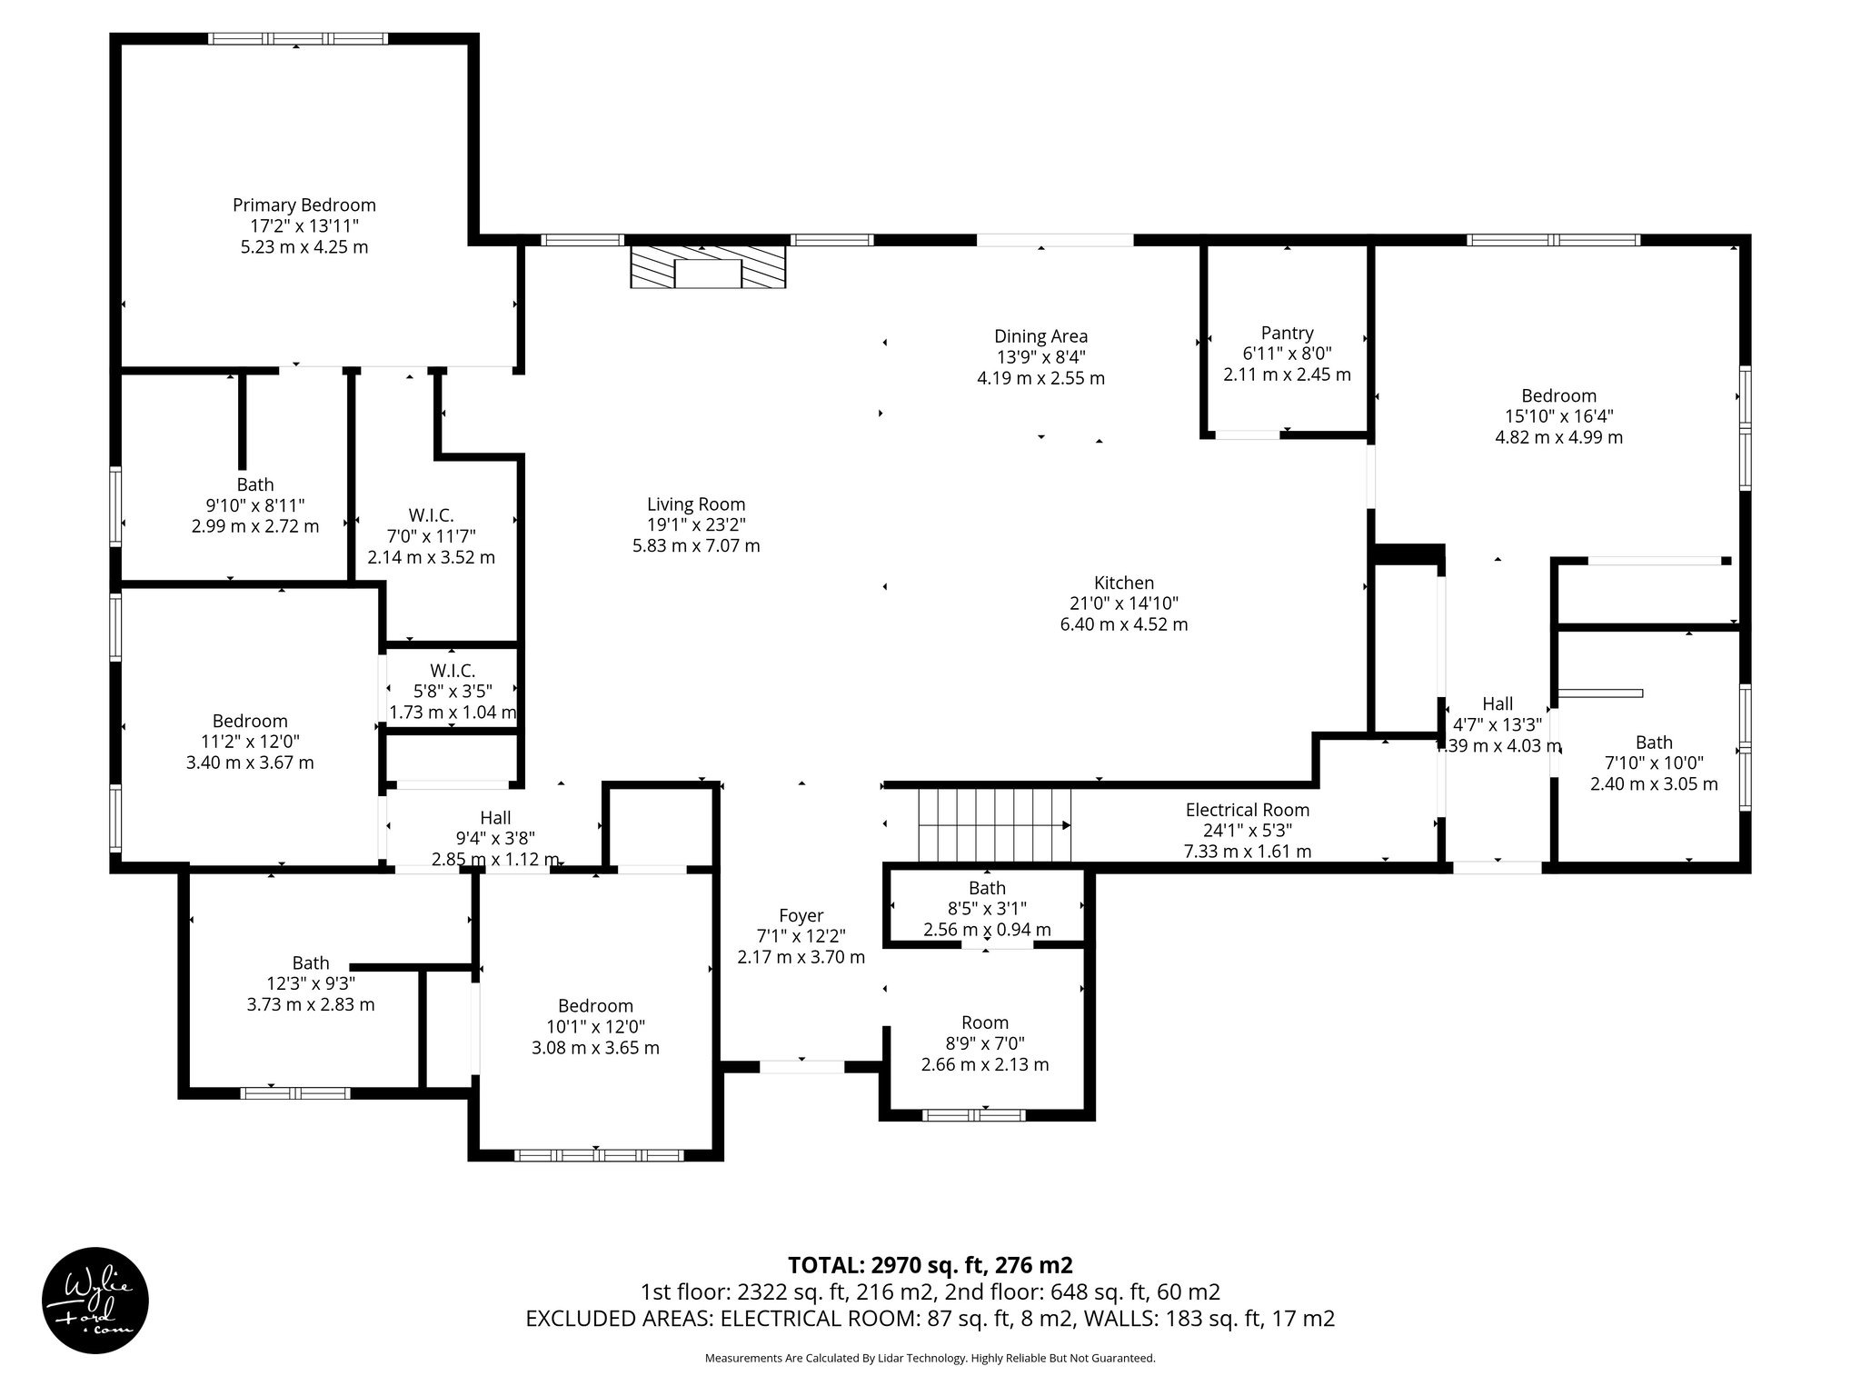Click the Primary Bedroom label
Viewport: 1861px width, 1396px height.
click(304, 205)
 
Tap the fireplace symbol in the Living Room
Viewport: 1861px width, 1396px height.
click(708, 269)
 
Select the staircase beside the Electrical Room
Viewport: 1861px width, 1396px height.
click(994, 825)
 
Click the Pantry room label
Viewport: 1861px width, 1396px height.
click(1287, 334)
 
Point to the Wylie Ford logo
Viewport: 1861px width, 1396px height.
click(95, 1301)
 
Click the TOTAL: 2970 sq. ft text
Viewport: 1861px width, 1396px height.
click(930, 1265)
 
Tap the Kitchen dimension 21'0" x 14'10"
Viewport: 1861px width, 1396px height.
click(1123, 603)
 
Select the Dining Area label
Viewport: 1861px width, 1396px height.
click(1040, 337)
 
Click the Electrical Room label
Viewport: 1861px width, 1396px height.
click(1247, 810)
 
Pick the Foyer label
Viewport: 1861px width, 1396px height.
click(801, 916)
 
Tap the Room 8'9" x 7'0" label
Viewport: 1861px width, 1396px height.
click(985, 1022)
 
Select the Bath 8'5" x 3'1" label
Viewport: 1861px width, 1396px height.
click(987, 888)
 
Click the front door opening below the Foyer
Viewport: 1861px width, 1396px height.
click(801, 1067)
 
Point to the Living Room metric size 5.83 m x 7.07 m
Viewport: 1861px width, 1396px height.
click(696, 546)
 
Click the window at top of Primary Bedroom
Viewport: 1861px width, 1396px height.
click(297, 39)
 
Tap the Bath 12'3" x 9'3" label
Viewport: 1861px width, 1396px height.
click(311, 963)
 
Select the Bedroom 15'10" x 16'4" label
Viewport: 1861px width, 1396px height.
click(1558, 396)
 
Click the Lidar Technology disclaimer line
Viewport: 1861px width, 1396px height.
click(930, 1358)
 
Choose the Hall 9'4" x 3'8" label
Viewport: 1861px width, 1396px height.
click(495, 817)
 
